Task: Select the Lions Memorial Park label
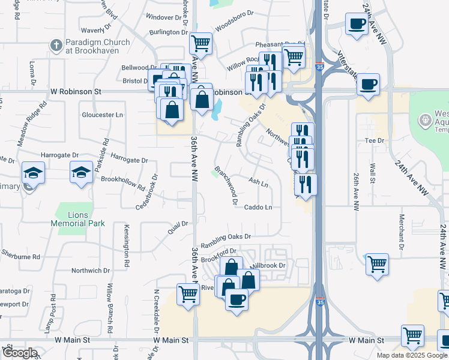coord(78,219)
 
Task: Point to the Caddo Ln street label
coord(258,208)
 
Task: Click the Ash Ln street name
coord(258,181)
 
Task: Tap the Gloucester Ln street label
coord(102,115)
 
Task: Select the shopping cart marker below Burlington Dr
coord(200,44)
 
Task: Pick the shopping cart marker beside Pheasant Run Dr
coord(294,57)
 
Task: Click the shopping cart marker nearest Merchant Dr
coord(377,264)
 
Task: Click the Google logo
coord(19,353)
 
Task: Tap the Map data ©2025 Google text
coord(411,355)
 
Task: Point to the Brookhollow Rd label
coord(123,182)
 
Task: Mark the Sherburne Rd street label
coord(20,254)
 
